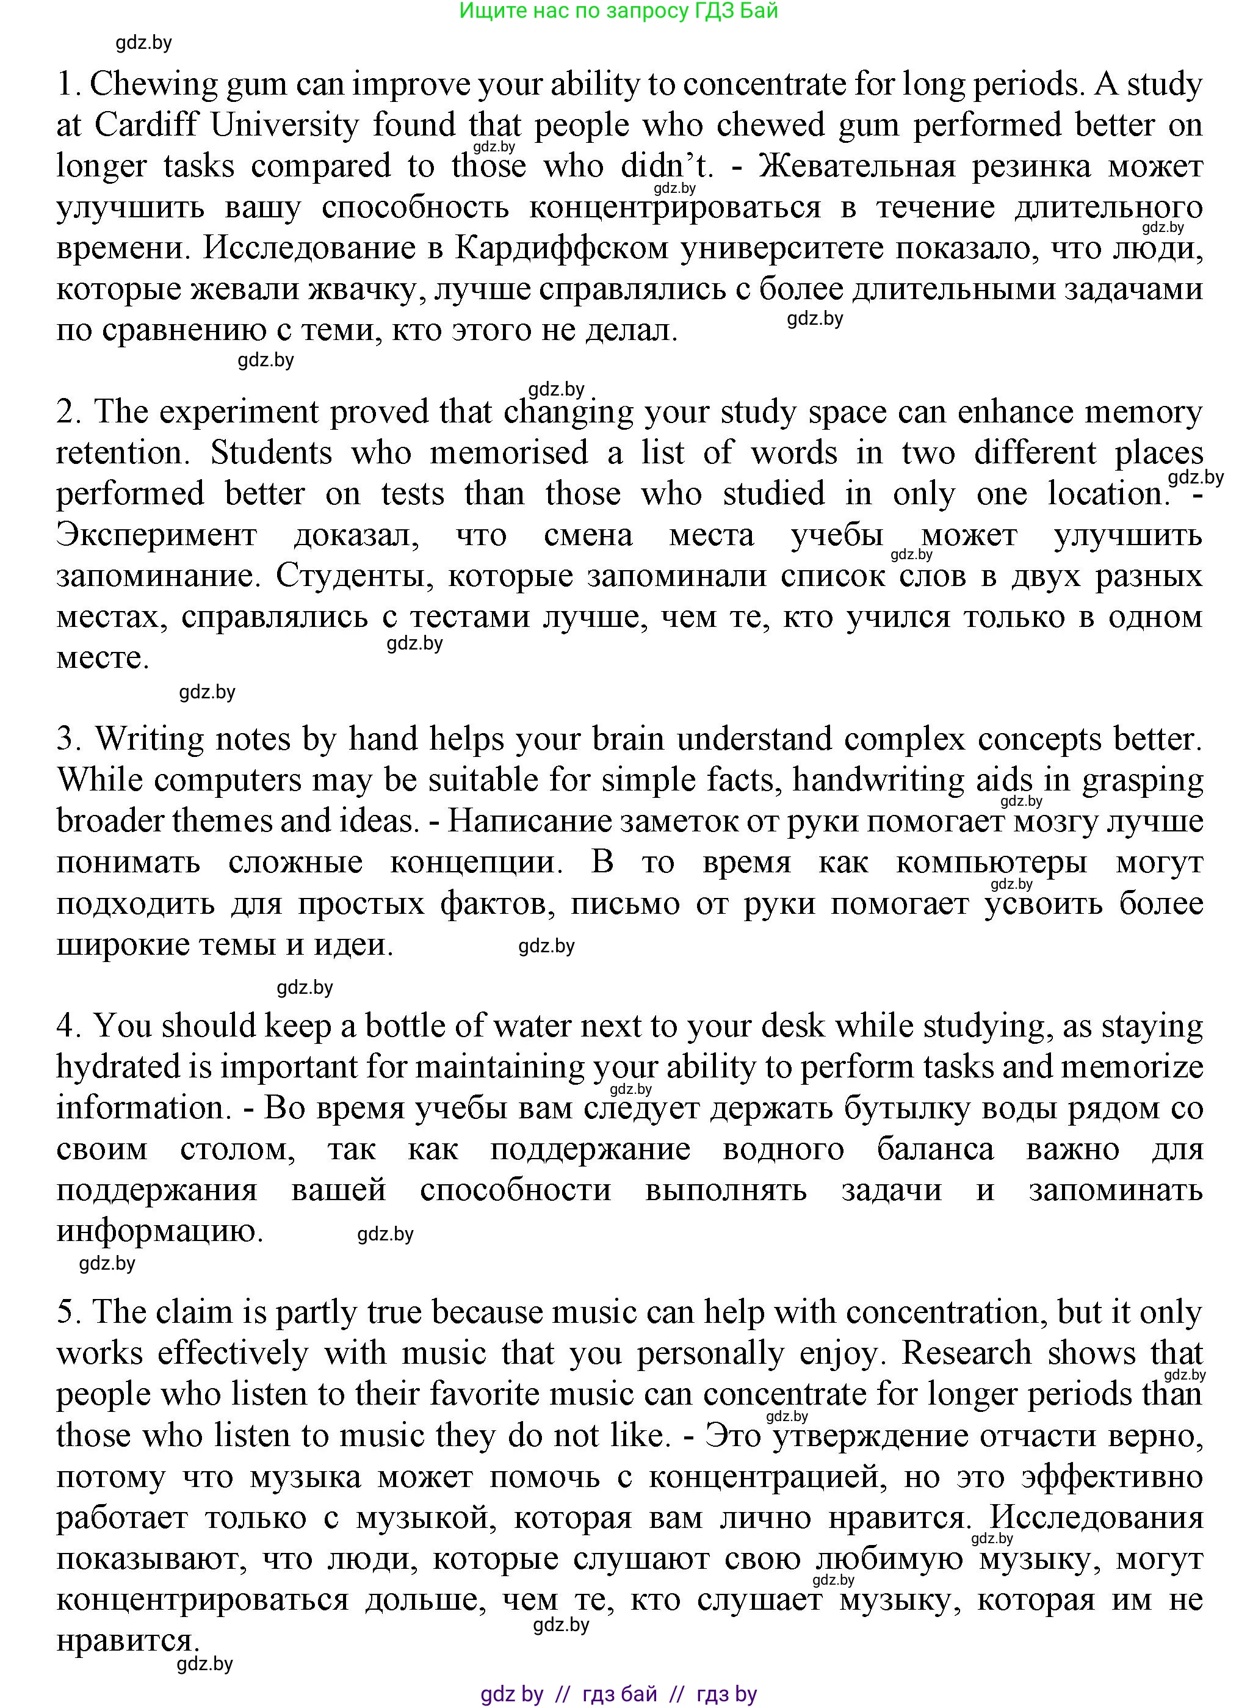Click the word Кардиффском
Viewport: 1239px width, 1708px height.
coord(561,248)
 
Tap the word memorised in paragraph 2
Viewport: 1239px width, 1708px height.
coord(508,454)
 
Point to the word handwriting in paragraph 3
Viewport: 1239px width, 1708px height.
coord(878,780)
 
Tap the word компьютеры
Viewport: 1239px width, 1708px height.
coord(991,863)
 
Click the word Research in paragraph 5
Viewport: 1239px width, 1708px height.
coord(966,1353)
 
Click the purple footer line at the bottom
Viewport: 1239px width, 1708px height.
coord(618,1695)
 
